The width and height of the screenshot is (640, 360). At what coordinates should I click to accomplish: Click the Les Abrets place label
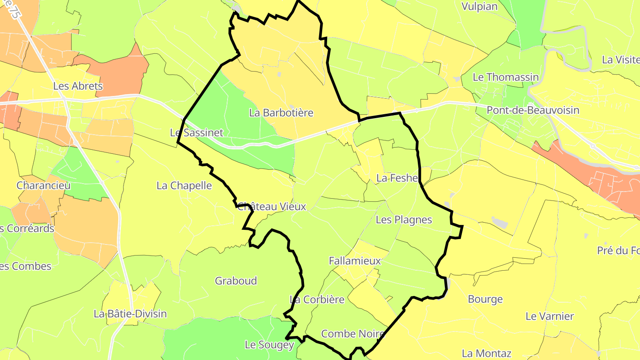(78, 86)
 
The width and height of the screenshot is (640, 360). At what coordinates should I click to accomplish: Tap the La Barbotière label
(281, 113)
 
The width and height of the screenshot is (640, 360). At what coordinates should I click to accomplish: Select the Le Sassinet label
(196, 133)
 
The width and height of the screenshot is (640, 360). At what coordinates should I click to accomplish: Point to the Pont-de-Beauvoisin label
(533, 110)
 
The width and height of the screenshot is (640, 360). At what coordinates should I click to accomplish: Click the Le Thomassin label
(505, 77)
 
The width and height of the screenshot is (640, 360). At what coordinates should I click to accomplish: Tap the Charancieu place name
(44, 185)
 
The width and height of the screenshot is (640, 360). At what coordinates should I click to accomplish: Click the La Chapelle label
(184, 185)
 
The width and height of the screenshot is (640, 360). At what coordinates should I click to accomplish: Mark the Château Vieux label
(272, 207)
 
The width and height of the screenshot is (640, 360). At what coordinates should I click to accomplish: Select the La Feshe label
(397, 179)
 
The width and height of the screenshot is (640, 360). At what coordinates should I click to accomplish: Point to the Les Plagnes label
(404, 220)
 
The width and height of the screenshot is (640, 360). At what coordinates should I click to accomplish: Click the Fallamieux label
(355, 261)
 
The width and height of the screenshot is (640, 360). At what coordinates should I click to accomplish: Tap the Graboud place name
(236, 281)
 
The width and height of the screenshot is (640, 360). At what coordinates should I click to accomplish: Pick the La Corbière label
(317, 300)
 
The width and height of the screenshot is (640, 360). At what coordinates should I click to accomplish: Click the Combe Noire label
(352, 334)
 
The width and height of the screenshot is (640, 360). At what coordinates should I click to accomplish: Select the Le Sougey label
(269, 345)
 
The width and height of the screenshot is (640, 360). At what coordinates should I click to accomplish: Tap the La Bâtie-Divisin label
(130, 314)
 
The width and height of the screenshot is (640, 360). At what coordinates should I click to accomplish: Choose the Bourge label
(485, 299)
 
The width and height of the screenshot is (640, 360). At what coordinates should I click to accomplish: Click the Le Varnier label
(549, 316)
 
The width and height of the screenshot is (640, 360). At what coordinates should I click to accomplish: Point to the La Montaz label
(486, 354)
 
